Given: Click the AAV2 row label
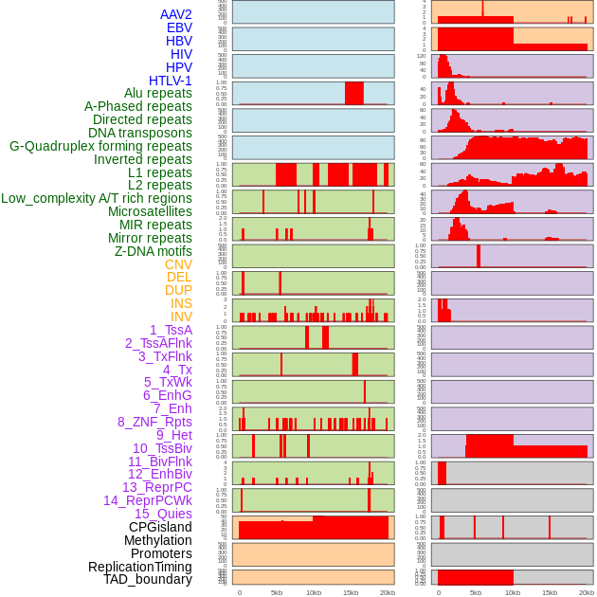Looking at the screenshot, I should pos(176,14).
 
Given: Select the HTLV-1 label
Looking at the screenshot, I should pos(171,81).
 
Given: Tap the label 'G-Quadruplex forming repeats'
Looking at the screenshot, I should pos(100,147).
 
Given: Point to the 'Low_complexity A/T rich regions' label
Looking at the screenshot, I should pos(97,198).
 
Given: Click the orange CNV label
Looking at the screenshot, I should pos(178,264).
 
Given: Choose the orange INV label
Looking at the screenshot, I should pos(181,317).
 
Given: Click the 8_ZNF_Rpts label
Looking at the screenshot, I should pos(154,422).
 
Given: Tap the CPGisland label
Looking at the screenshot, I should pos(160,527).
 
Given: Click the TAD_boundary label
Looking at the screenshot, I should pos(148,579).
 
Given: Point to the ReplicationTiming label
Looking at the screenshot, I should pos(140,567).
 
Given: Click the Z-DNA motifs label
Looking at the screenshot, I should pos(154,251).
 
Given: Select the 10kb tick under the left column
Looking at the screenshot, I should pos(314,592).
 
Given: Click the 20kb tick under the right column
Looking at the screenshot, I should pos(587,592).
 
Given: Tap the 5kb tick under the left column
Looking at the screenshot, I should pos(277,592).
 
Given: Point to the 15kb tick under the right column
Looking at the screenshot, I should pos(550,592).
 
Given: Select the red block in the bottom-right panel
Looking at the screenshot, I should pos(475,576).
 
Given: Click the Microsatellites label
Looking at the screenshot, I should pos(150,211).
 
